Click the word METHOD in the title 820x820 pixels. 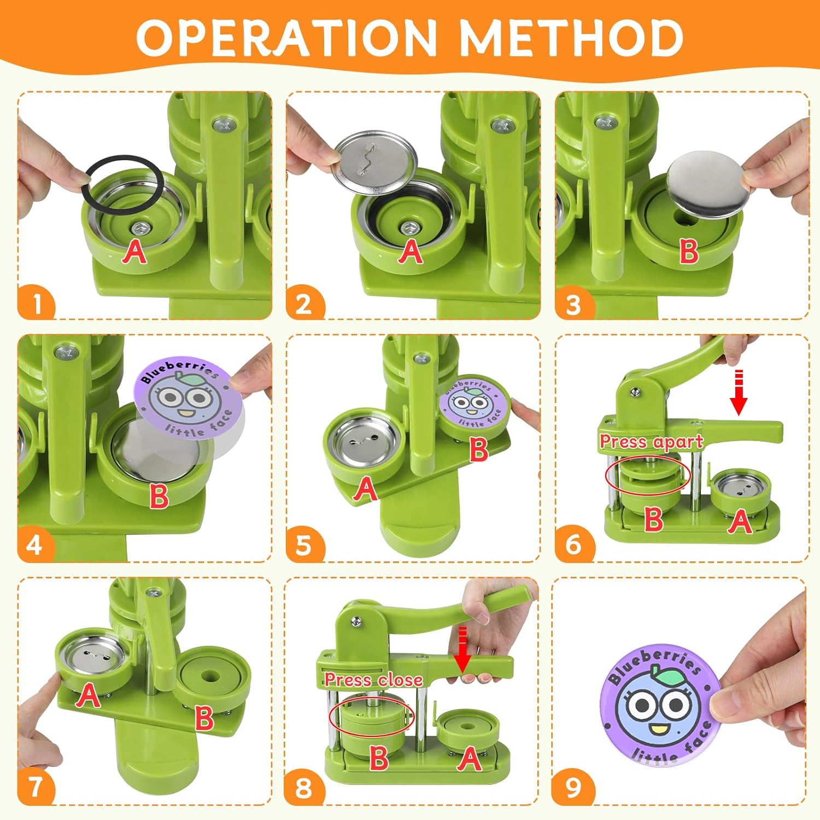(572, 38)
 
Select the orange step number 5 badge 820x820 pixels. (304, 544)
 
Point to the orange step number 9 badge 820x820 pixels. (572, 787)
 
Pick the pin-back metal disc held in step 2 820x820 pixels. (375, 162)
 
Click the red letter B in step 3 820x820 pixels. (689, 251)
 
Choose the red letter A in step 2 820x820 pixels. (411, 251)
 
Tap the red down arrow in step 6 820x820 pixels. (739, 393)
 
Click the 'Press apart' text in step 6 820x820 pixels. (651, 442)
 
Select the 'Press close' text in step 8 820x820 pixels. (374, 680)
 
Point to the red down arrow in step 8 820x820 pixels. (462, 649)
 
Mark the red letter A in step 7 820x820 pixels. (88, 695)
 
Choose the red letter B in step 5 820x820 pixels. (479, 449)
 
